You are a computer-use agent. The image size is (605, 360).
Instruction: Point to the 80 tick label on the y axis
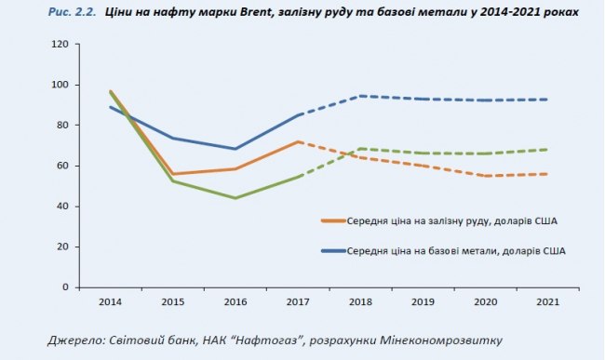tap(62, 125)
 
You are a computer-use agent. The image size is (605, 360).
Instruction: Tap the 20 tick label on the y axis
tap(62, 247)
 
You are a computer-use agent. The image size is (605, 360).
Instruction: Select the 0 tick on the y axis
tap(65, 287)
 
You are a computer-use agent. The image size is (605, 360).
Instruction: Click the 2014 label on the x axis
tap(112, 301)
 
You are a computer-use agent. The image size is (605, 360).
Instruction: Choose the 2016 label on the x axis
tap(235, 301)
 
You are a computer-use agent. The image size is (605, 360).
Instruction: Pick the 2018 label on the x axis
tap(360, 301)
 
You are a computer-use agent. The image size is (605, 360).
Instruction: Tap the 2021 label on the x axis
tap(546, 301)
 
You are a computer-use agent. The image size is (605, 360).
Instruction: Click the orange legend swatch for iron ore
tap(333, 221)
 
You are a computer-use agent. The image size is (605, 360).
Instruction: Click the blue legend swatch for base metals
tap(333, 251)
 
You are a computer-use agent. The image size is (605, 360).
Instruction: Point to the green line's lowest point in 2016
tap(235, 198)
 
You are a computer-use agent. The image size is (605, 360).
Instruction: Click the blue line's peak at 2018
tap(360, 96)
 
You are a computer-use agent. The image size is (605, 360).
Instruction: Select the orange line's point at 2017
tap(298, 141)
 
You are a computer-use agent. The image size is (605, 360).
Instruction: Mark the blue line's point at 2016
tap(235, 149)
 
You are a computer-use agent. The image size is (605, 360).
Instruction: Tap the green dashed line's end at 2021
tap(546, 149)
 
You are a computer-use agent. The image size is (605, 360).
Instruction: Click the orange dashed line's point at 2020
tap(484, 176)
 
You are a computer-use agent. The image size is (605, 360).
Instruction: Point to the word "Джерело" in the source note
tap(76, 340)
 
